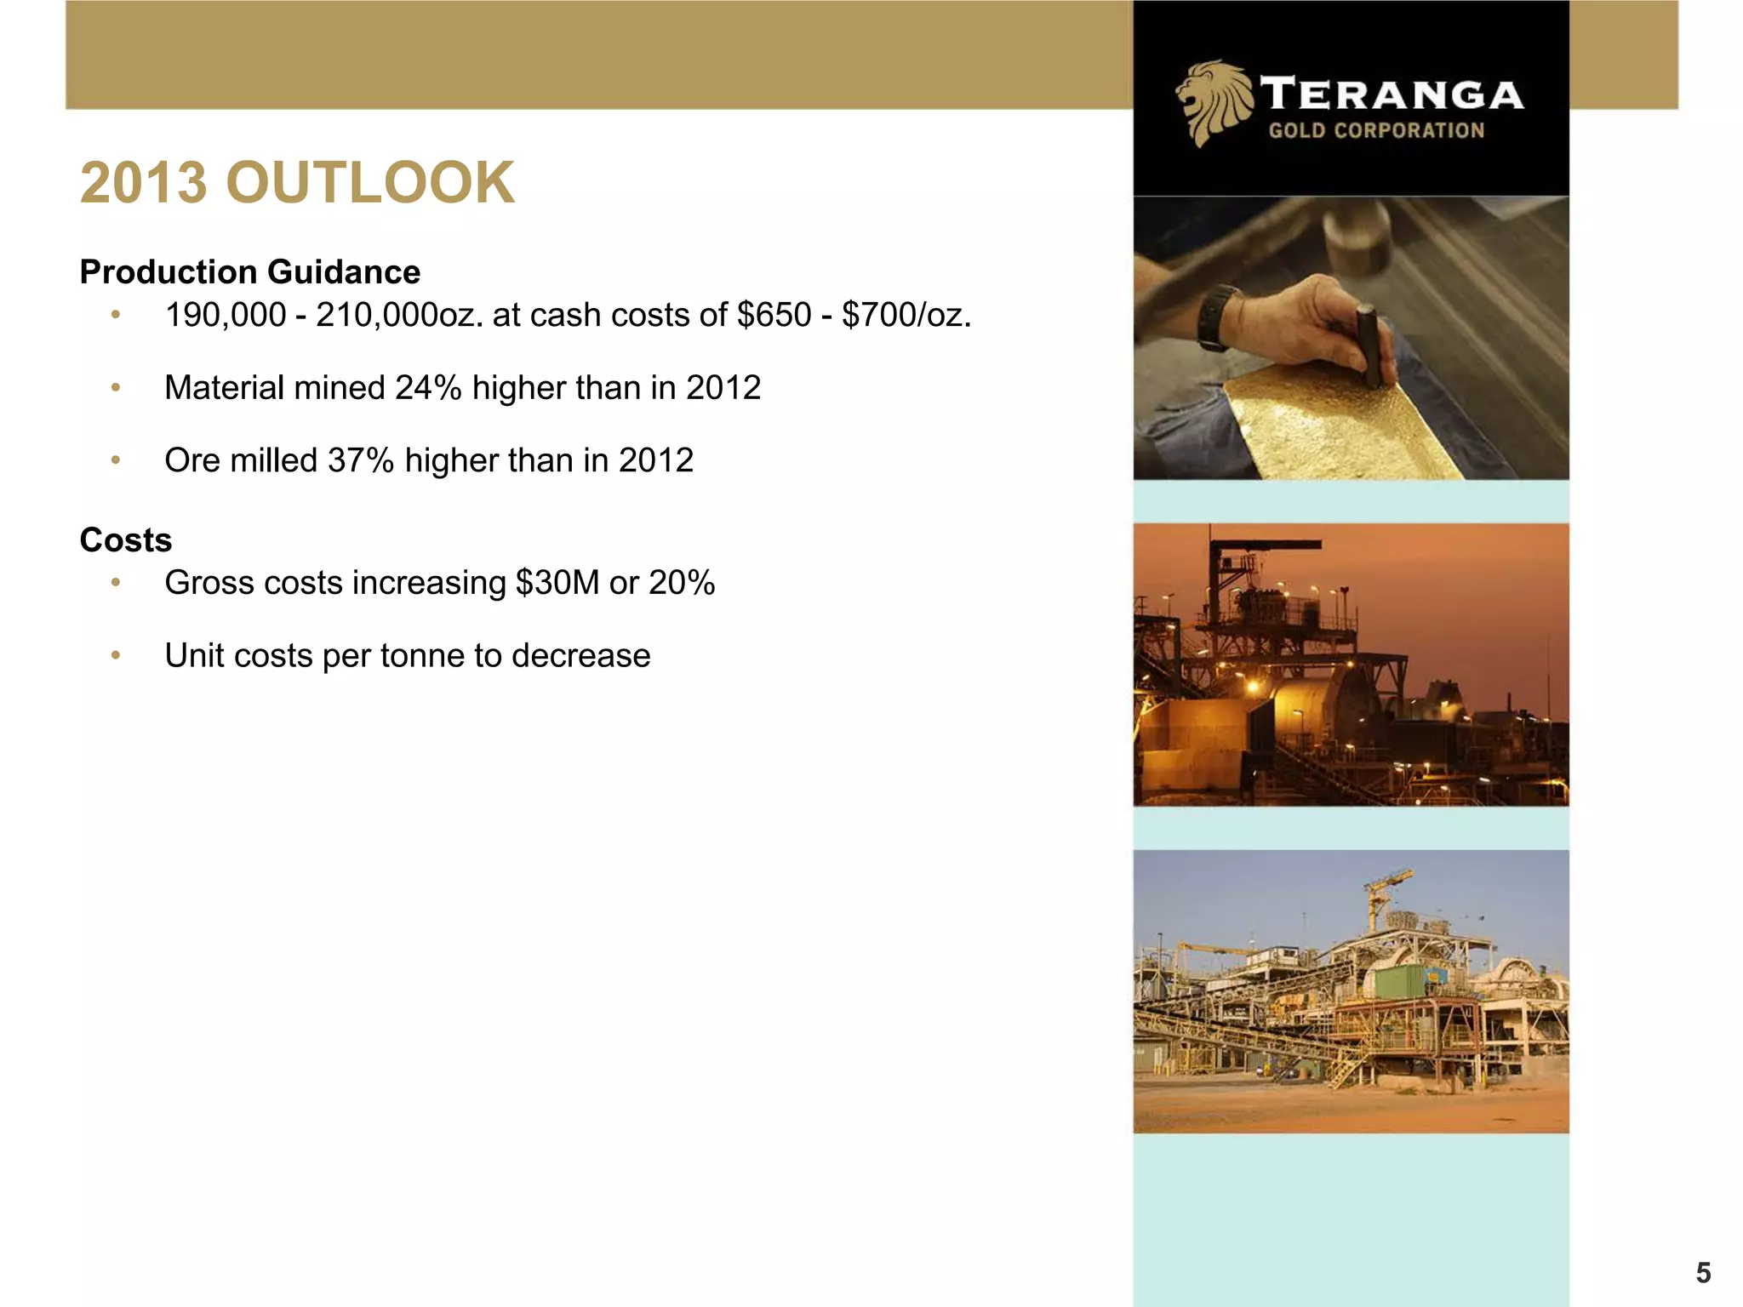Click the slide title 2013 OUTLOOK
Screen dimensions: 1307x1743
click(297, 183)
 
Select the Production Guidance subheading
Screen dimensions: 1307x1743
click(249, 272)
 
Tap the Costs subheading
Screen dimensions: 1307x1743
click(125, 540)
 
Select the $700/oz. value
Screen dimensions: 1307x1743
click(906, 315)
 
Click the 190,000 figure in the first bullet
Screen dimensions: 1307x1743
click(226, 315)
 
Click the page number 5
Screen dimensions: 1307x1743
click(1703, 1272)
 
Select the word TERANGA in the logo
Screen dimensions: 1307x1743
click(1392, 94)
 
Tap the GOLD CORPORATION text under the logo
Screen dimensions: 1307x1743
click(1376, 130)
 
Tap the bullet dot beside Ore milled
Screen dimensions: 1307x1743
click(116, 460)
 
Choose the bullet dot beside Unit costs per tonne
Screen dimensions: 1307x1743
click(116, 656)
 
